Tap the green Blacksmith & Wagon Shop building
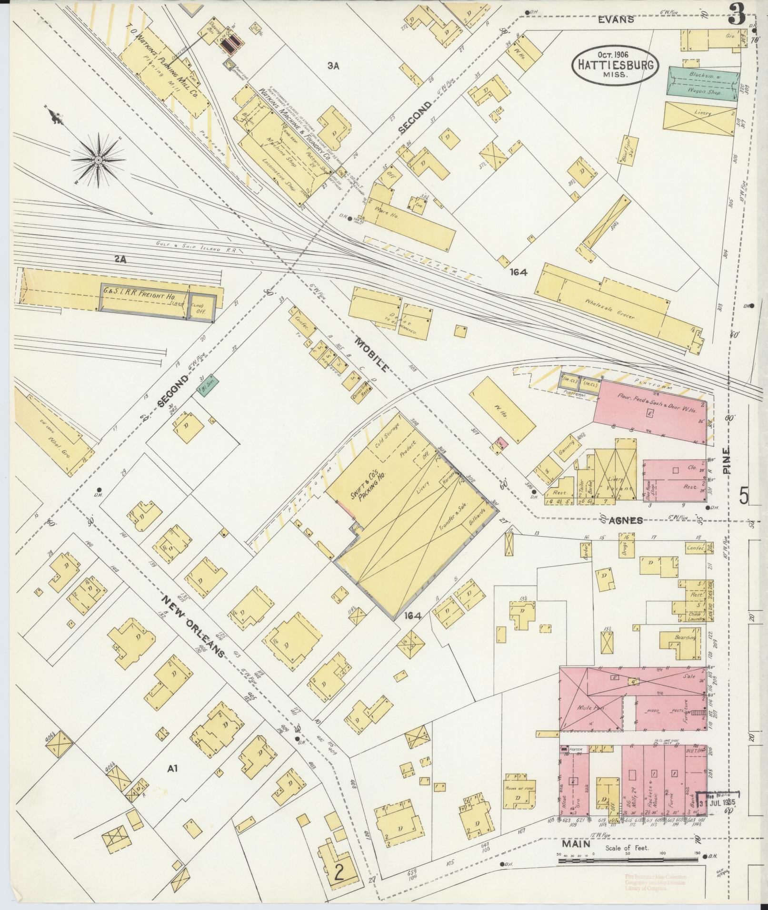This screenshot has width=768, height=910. [704, 83]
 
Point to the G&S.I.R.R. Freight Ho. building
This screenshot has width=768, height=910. [148, 297]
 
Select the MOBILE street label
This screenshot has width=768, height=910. [373, 353]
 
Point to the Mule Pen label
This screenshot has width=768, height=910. [591, 707]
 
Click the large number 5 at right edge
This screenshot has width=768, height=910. [743, 497]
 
